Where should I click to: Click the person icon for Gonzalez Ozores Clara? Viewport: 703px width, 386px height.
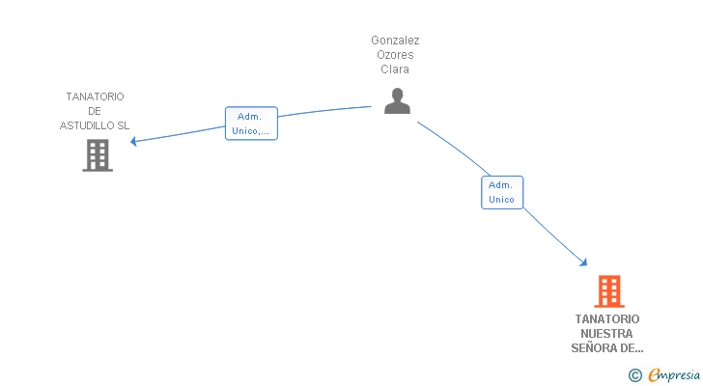397,101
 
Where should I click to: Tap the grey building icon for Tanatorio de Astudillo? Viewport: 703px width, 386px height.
98,155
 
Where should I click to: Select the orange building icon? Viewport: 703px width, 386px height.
609,291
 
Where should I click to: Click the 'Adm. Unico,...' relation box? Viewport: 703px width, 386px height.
251,124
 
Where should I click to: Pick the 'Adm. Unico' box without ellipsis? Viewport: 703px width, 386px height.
502,192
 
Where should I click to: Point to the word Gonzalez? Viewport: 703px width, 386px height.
395,41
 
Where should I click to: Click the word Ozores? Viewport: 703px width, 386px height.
395,55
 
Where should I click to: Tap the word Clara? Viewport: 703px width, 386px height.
395,69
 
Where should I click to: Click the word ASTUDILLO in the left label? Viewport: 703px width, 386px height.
88,125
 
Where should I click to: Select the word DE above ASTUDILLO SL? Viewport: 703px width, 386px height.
95,111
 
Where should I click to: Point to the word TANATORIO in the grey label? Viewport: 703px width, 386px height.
95,96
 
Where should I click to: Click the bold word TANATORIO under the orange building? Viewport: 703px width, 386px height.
607,318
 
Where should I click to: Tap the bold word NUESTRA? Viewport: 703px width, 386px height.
606,334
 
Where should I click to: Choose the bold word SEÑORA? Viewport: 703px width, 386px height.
593,348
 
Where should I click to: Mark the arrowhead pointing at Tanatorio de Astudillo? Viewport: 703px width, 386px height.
133,142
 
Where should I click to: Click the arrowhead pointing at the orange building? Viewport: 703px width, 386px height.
583,262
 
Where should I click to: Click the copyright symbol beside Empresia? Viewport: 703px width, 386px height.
634,375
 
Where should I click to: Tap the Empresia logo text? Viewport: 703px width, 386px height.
674,374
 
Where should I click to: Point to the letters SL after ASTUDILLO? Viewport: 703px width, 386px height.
124,125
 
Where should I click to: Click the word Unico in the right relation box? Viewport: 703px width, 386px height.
501,199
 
